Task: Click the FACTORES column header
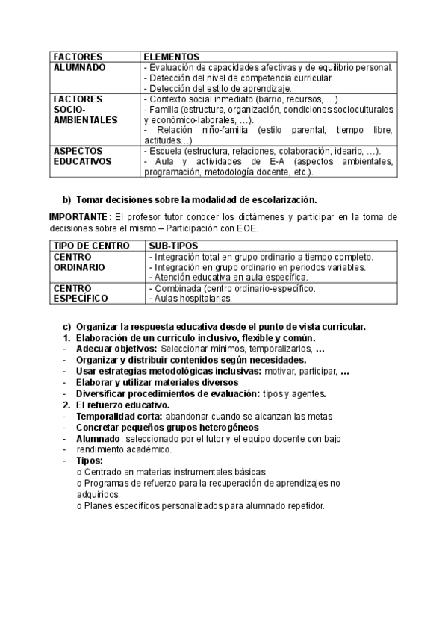click(x=78, y=56)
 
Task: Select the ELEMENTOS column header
click(x=171, y=56)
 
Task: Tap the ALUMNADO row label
click(x=80, y=67)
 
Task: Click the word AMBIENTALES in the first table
click(x=85, y=119)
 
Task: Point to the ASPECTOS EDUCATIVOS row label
click(x=82, y=155)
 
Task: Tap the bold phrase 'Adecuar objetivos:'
click(x=116, y=349)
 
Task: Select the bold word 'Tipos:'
click(x=90, y=461)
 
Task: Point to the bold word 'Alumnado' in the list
click(x=99, y=438)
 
